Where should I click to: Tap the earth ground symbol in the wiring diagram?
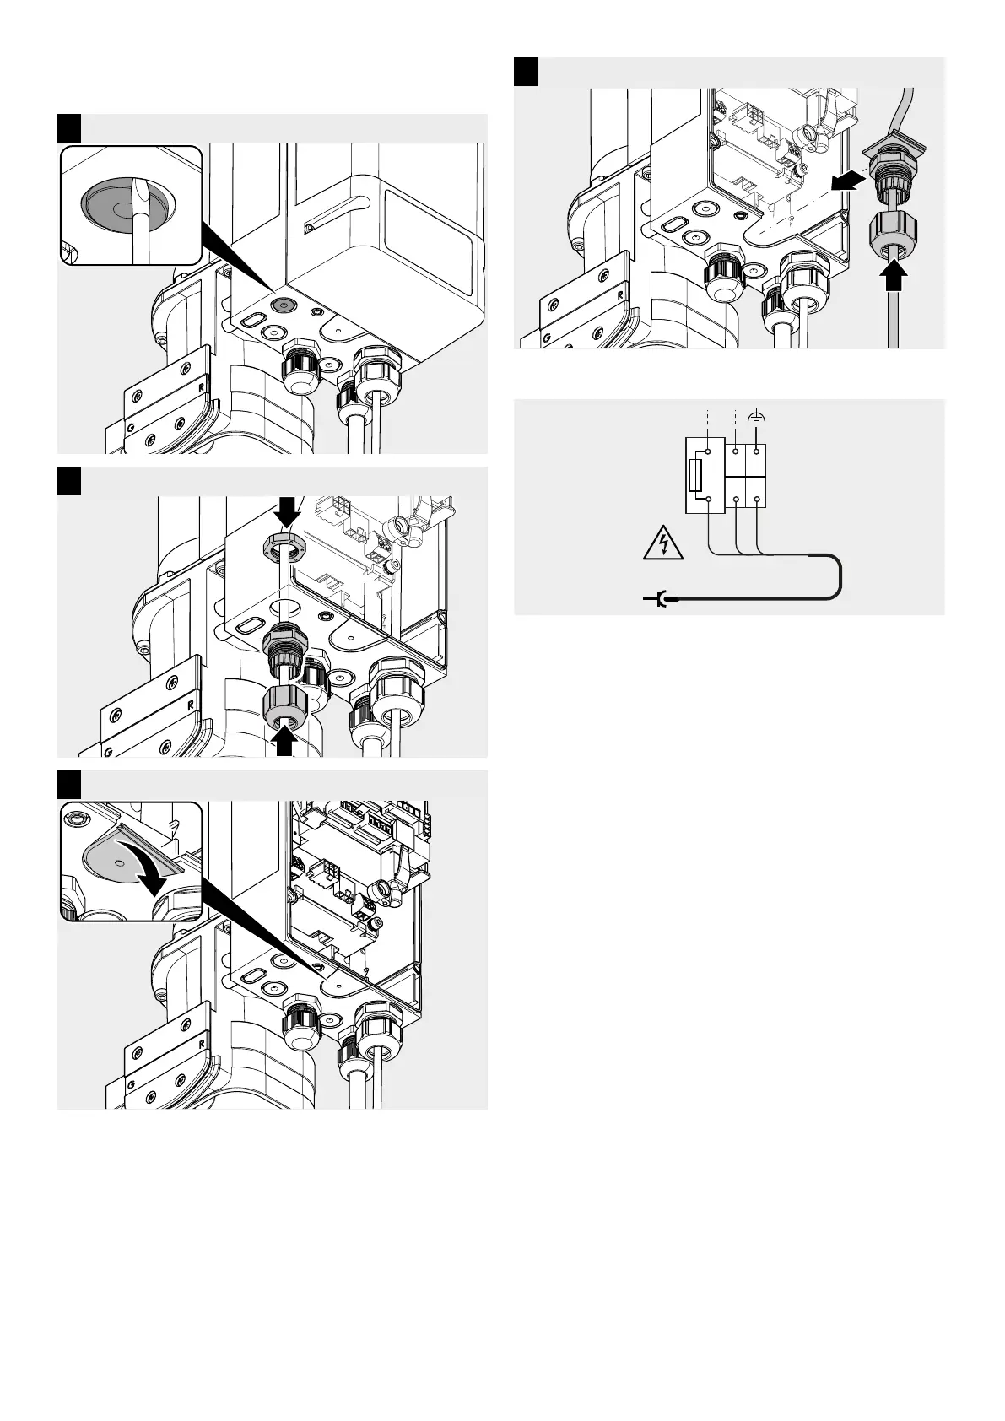[x=758, y=415]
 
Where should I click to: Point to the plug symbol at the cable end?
[x=658, y=599]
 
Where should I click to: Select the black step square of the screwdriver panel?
[x=68, y=127]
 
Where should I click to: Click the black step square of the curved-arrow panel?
[x=68, y=784]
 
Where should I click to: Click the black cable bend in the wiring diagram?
[x=836, y=575]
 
